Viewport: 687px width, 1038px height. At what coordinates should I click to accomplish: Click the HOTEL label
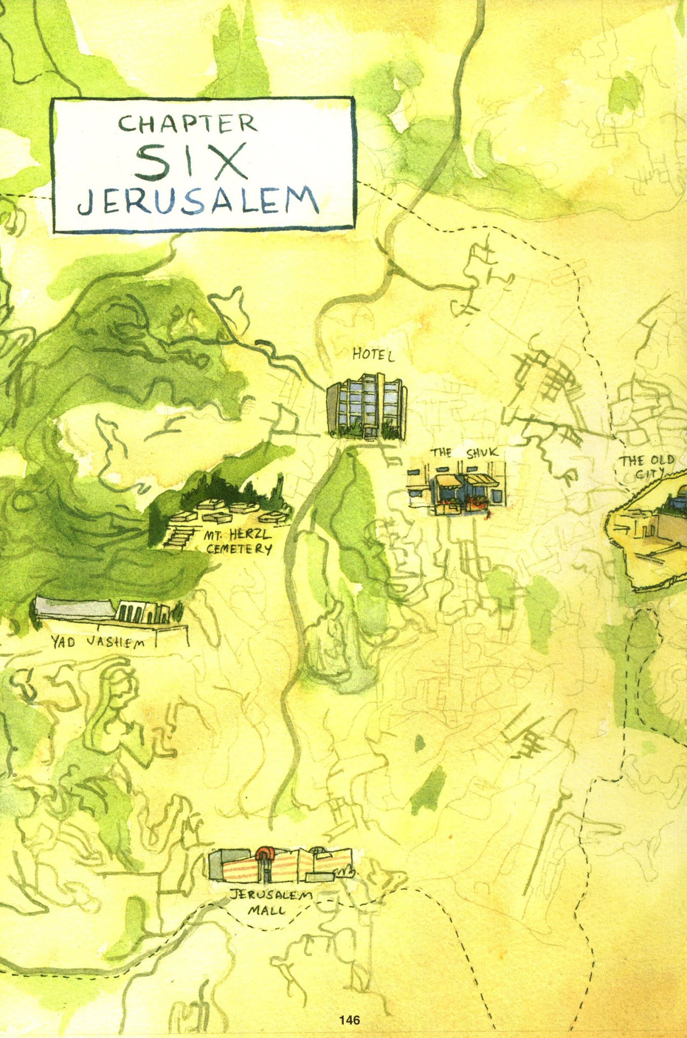click(x=373, y=355)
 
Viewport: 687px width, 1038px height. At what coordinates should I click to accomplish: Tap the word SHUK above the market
click(x=482, y=453)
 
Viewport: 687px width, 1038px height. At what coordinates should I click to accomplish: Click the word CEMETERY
click(x=239, y=548)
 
